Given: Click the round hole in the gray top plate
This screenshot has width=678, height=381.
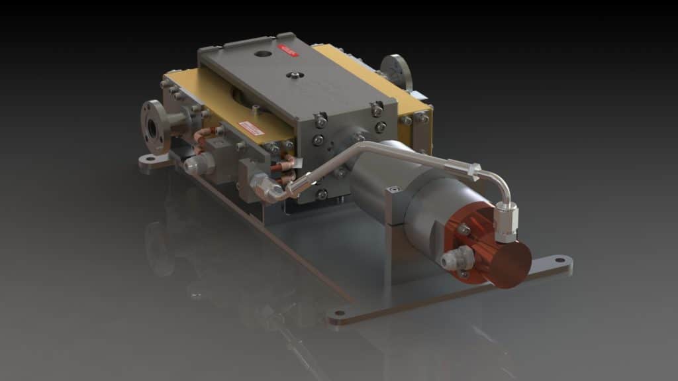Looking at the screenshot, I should pos(263,54).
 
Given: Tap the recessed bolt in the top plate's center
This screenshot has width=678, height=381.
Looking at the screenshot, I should pos(291,76).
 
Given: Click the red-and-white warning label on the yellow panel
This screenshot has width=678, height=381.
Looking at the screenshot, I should pos(252,128).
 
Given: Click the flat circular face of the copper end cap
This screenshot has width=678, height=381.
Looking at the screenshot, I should pos(510,262).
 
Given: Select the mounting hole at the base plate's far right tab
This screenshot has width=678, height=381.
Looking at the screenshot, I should pos(560,260).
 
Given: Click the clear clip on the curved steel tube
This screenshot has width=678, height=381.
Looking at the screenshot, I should pos(471,171).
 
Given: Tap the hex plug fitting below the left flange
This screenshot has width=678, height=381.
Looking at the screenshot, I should pos(196,164).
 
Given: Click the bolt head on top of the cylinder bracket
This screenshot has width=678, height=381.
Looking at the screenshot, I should pos(396,190).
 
